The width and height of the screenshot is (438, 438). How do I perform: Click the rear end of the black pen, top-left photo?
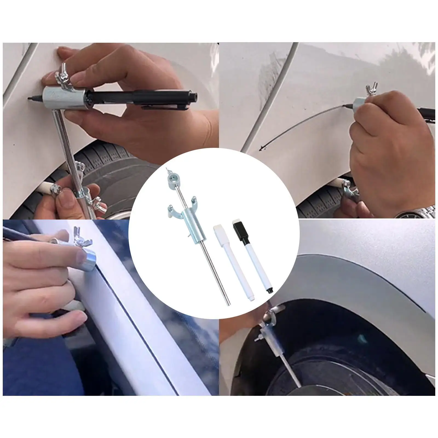[195, 96]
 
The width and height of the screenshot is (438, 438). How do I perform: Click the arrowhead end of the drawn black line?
[262, 149]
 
